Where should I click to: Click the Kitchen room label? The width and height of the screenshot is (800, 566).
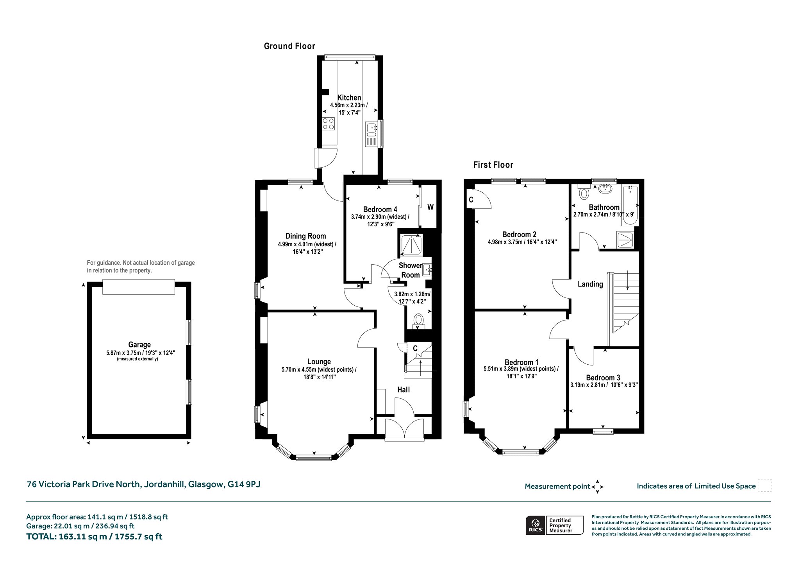349,98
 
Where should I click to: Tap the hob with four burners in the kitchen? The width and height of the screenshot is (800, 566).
329,124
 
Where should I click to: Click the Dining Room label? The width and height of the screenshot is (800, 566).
305,236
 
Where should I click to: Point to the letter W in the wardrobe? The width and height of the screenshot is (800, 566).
430,207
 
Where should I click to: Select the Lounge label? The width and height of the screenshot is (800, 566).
319,362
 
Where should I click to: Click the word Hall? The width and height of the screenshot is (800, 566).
404,390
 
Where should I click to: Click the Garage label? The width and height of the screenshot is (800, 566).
139,345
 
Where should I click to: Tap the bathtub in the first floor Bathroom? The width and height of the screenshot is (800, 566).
630,206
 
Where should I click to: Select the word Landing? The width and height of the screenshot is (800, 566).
590,284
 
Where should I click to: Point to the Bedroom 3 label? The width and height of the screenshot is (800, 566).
603,378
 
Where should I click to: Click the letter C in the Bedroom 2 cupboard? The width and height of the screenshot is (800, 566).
471,200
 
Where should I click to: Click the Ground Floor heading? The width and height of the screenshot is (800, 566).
289,46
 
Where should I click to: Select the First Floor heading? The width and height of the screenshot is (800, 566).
493,165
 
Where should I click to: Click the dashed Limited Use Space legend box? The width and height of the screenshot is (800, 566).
764,485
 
